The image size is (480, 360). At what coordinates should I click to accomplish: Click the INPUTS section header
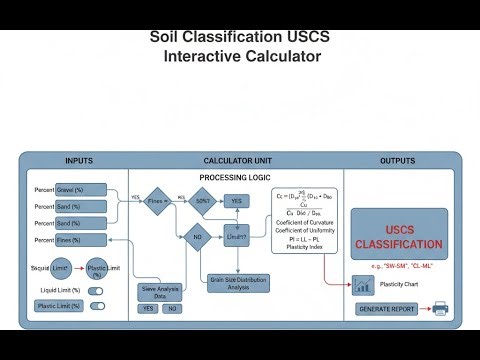(x=79, y=161)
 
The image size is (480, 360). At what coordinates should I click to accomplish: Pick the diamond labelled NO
(x=197, y=238)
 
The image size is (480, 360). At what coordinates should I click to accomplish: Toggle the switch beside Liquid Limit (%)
(x=97, y=291)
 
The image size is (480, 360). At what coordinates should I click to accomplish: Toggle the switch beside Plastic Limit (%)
(x=97, y=306)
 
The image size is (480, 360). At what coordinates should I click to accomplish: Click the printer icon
(x=440, y=309)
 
